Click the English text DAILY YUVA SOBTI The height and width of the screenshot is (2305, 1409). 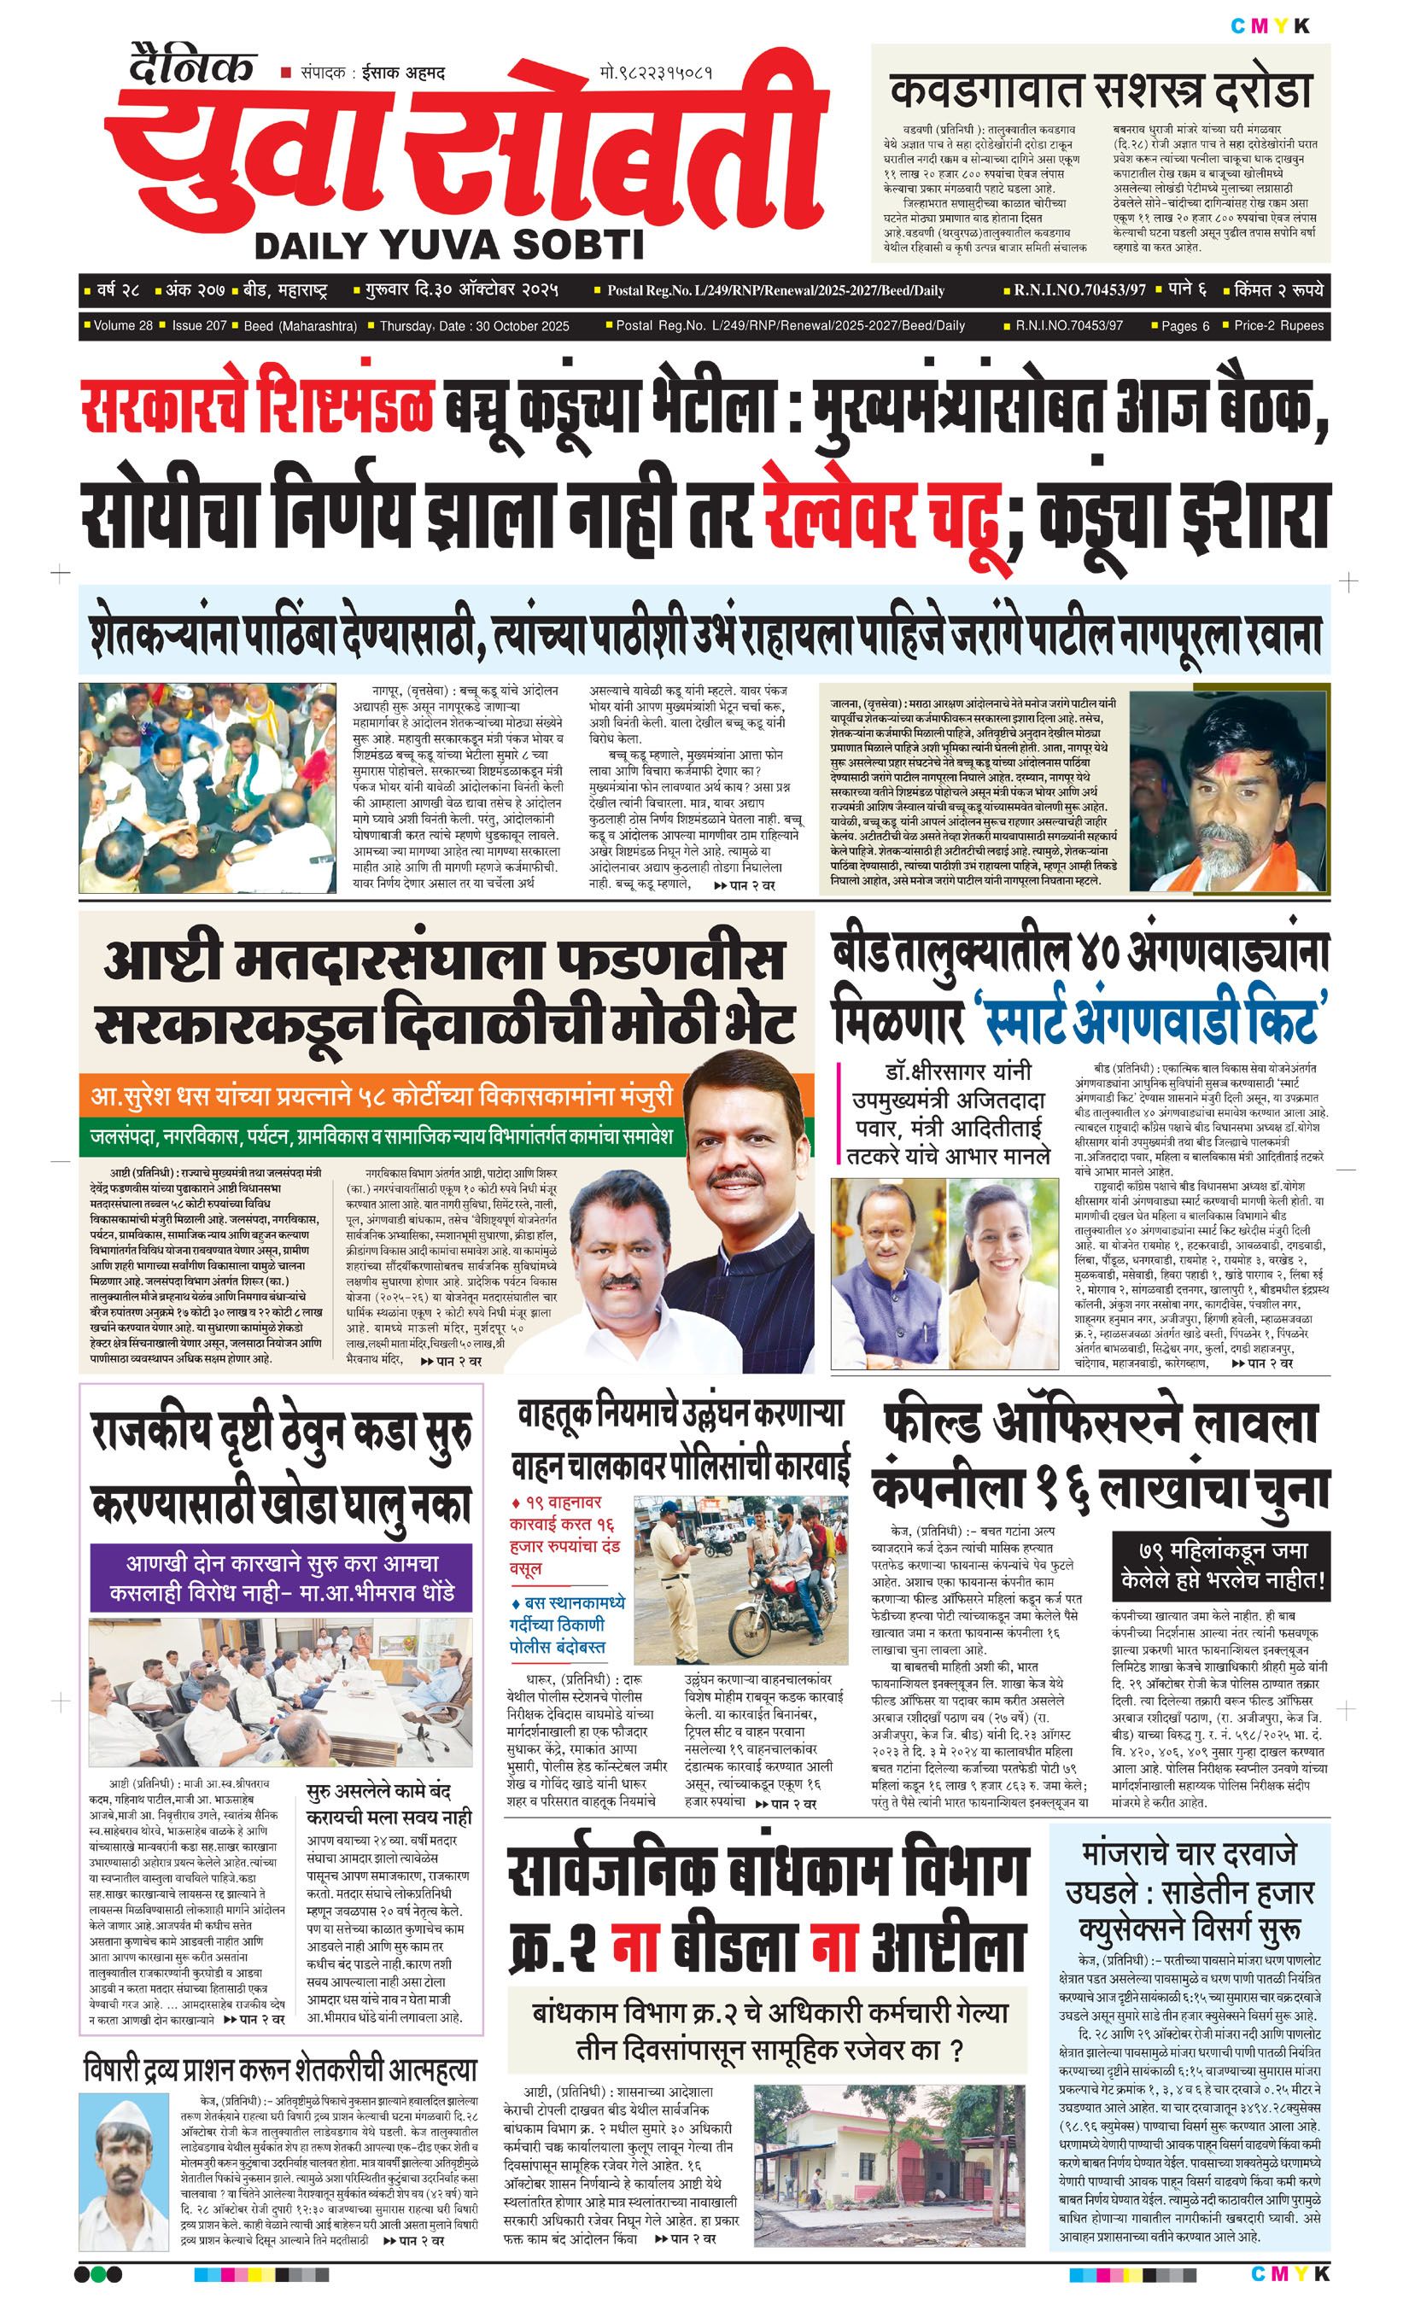(x=449, y=245)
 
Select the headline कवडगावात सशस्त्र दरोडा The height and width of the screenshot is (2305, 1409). (x=1100, y=91)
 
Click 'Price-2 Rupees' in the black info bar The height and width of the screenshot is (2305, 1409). (x=1278, y=325)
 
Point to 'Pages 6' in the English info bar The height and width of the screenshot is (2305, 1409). (x=1184, y=325)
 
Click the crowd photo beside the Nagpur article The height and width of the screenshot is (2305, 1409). (x=207, y=787)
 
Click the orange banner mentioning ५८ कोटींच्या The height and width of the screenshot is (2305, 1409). (x=381, y=1094)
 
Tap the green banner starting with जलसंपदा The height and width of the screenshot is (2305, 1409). (x=381, y=1136)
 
